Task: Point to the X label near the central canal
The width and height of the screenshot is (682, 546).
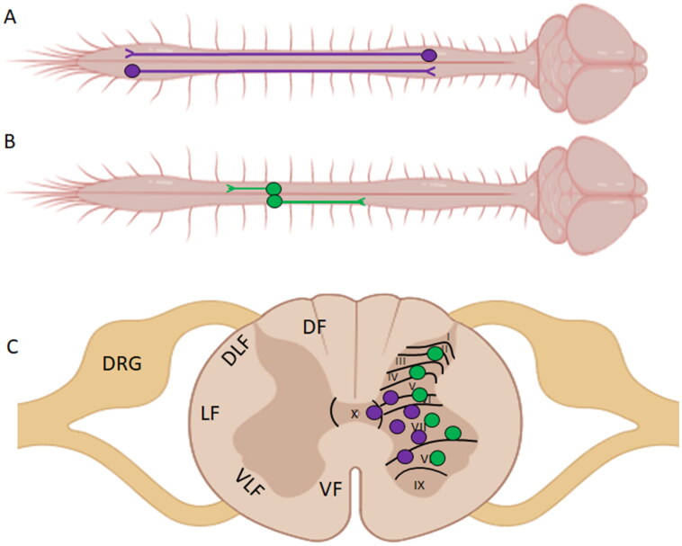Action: pyautogui.click(x=354, y=413)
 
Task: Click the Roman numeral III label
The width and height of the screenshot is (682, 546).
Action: pyautogui.click(x=401, y=359)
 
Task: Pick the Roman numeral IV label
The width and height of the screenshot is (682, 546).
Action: pyautogui.click(x=392, y=375)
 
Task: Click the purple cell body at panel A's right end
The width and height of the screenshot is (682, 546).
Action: pyautogui.click(x=429, y=55)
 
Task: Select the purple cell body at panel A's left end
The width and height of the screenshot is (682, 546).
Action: pyautogui.click(x=132, y=69)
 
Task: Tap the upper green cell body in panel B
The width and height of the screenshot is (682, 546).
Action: pyautogui.click(x=274, y=189)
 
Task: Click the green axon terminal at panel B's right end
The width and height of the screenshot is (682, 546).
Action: pyautogui.click(x=362, y=201)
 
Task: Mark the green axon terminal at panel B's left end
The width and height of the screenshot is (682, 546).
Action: pyautogui.click(x=231, y=189)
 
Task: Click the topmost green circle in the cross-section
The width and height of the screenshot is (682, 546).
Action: pyautogui.click(x=435, y=354)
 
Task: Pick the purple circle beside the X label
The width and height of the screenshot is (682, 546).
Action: pyautogui.click(x=373, y=411)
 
